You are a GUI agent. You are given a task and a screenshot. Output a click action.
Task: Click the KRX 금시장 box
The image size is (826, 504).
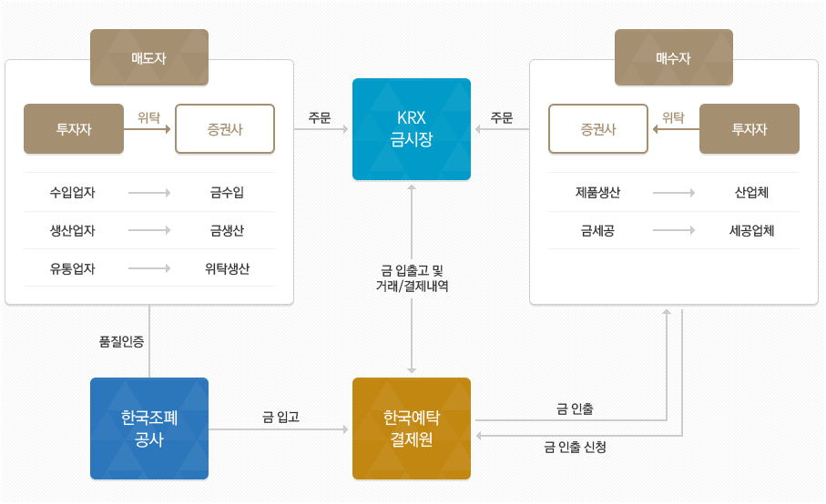click(412, 129)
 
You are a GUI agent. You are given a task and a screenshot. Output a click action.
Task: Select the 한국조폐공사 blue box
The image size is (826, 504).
click(149, 428)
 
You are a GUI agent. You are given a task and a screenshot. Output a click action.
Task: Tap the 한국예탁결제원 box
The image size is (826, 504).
click(412, 428)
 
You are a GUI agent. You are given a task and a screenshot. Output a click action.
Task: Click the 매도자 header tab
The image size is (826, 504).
click(149, 57)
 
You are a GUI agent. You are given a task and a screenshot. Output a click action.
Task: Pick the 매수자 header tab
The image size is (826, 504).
click(674, 57)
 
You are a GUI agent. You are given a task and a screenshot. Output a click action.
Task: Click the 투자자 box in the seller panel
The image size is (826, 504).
click(74, 129)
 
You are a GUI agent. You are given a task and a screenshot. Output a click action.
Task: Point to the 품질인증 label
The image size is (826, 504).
click(121, 341)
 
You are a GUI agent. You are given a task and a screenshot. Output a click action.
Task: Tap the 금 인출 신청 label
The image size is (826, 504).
click(575, 447)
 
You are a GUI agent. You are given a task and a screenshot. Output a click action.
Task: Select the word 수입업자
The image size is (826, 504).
click(73, 193)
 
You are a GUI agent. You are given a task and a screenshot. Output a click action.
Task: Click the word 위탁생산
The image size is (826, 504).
click(227, 268)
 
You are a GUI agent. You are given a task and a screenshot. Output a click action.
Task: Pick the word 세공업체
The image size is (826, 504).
click(752, 231)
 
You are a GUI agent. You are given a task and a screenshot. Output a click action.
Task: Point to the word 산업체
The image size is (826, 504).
click(752, 193)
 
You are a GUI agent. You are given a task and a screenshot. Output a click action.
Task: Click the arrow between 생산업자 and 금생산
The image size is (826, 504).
click(149, 231)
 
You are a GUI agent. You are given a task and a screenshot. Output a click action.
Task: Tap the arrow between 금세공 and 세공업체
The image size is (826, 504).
click(674, 231)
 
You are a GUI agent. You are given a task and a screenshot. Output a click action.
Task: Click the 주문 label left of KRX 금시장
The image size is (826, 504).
click(320, 117)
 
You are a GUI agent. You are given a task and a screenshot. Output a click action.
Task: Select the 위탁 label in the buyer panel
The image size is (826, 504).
click(673, 116)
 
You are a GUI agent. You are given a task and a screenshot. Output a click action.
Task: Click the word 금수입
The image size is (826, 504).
click(227, 193)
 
